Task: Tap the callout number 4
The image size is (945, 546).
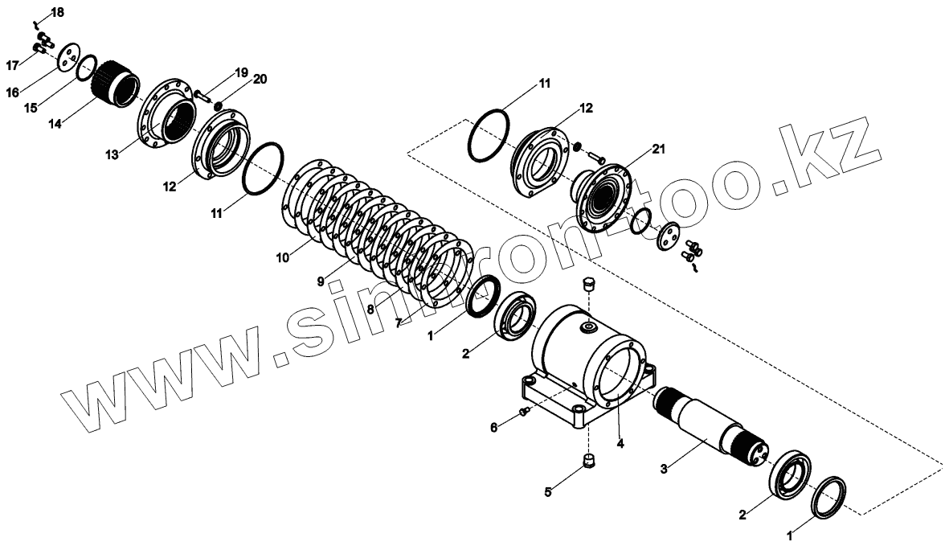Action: click(620, 443)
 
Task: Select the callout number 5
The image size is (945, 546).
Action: click(547, 491)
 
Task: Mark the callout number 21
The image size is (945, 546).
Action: click(659, 148)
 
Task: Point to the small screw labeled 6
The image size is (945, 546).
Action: click(524, 412)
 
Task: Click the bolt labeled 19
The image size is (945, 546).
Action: click(202, 97)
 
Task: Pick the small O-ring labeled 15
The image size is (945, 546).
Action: click(88, 68)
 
